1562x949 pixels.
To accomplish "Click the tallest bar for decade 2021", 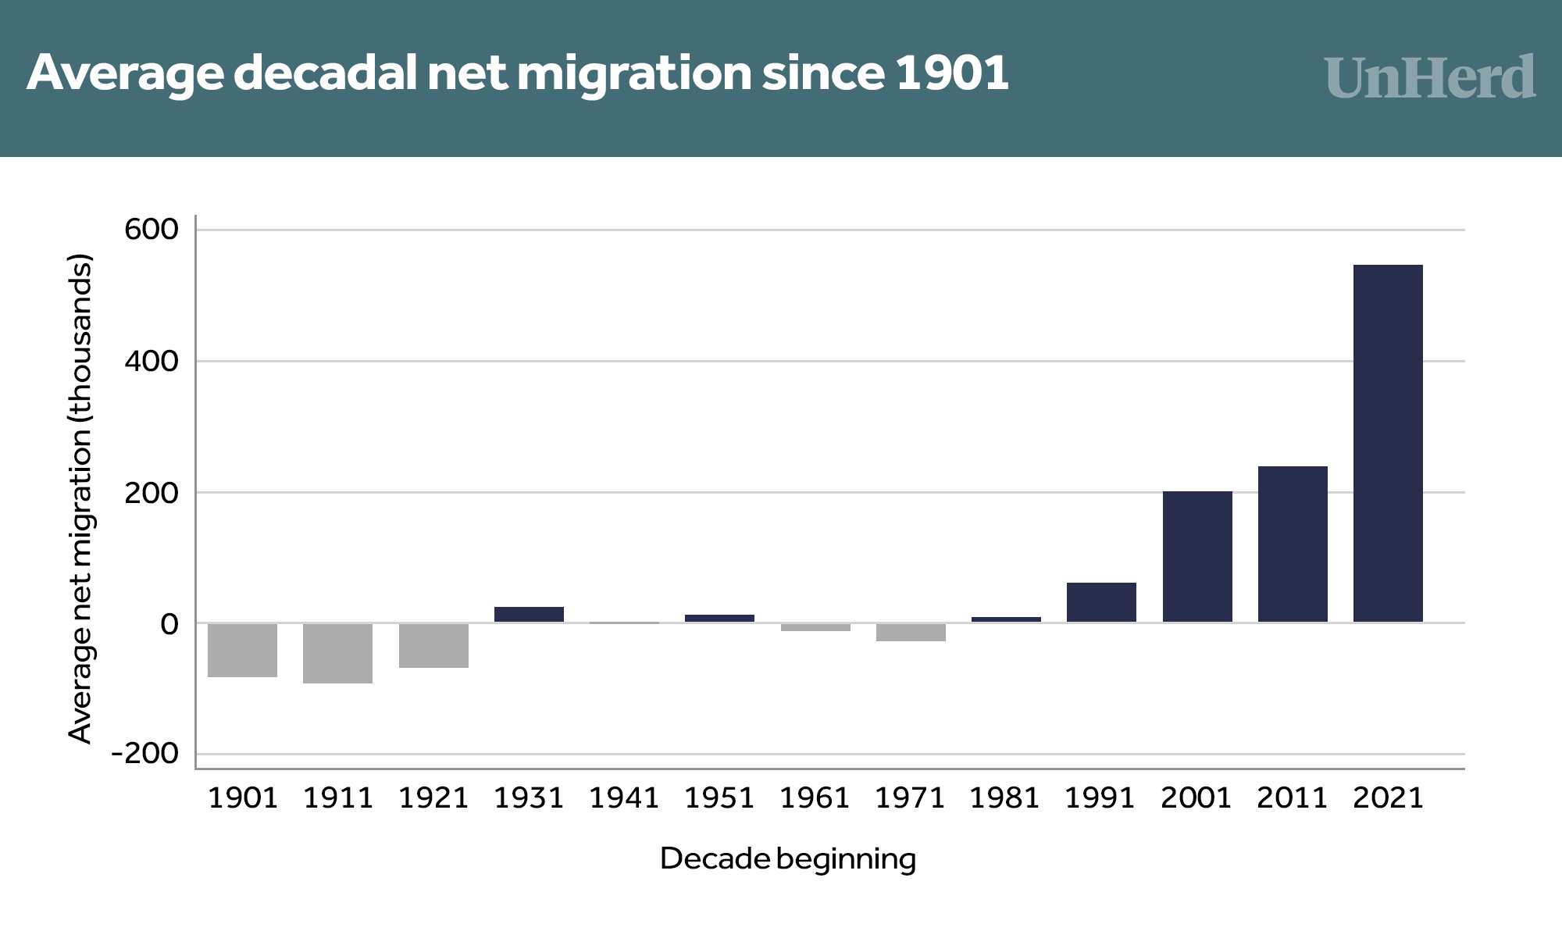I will [x=1388, y=444].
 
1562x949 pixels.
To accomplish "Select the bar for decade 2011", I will [x=1293, y=544].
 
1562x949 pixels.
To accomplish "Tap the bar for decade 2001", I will [x=1197, y=557].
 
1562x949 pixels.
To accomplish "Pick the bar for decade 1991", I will [x=1101, y=602].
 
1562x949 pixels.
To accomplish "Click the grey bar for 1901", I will [x=243, y=650].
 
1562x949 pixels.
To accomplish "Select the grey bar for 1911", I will [x=337, y=653].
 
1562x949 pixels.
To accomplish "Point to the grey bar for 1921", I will [x=433, y=645].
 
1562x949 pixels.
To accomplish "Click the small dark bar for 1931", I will [x=529, y=615].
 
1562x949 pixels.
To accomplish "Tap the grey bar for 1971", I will [x=911, y=632].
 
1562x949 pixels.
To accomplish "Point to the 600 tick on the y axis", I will [x=152, y=230].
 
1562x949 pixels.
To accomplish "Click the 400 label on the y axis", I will [x=152, y=361].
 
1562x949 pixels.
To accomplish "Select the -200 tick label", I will [x=145, y=754].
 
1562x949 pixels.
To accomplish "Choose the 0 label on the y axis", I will [x=169, y=624].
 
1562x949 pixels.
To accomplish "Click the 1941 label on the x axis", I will [x=624, y=797].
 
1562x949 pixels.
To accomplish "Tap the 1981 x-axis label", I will [x=1005, y=797].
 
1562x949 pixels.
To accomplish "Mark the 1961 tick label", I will [x=815, y=797].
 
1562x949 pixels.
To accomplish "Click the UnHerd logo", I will [x=1430, y=77].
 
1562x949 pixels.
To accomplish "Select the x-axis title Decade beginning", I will [x=787, y=858].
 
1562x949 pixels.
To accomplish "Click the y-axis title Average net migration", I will [x=80, y=498].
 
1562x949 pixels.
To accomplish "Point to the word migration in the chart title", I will [x=633, y=73].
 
